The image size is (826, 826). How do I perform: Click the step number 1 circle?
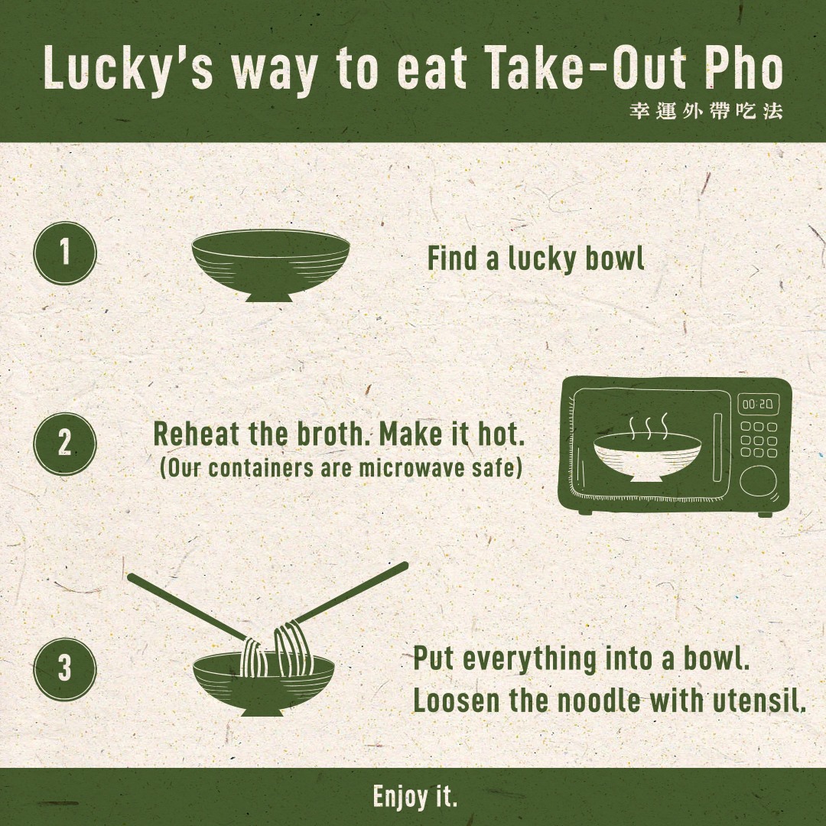[65, 253]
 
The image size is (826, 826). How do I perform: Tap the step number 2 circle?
[65, 444]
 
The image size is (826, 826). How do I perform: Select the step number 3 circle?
[65, 669]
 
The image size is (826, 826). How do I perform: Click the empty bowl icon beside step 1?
[270, 265]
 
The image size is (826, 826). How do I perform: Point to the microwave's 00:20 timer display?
[757, 405]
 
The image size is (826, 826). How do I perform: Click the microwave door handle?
[717, 447]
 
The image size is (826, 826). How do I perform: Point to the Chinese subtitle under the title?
[706, 111]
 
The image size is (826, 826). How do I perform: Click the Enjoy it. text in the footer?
[415, 796]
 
